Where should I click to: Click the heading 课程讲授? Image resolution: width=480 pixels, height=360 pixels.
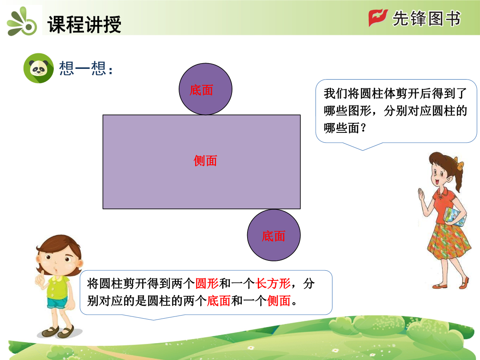[x=84, y=24]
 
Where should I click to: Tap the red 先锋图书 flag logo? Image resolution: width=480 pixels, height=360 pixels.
[x=378, y=18]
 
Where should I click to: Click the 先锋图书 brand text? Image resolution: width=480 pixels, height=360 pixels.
[x=426, y=18]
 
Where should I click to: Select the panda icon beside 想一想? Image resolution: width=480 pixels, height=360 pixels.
[x=39, y=68]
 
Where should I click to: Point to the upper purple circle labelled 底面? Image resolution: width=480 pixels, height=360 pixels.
[x=205, y=89]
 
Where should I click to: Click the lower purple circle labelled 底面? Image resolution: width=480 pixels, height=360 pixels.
[x=274, y=235]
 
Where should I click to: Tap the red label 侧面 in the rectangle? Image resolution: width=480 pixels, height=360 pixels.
[x=205, y=161]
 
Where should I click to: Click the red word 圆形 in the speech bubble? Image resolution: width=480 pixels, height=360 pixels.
[x=207, y=284]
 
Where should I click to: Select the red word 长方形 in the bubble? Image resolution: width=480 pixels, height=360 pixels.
[x=273, y=284]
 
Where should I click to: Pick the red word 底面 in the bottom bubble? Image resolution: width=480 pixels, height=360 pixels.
[x=219, y=300]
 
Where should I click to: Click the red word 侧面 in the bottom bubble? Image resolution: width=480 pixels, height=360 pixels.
[x=279, y=300]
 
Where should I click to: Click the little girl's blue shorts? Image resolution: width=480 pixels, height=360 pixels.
[x=57, y=303]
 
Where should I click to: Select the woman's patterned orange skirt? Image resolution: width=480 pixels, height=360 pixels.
[x=448, y=241]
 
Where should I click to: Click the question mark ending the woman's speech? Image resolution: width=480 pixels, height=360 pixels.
[x=364, y=128]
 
